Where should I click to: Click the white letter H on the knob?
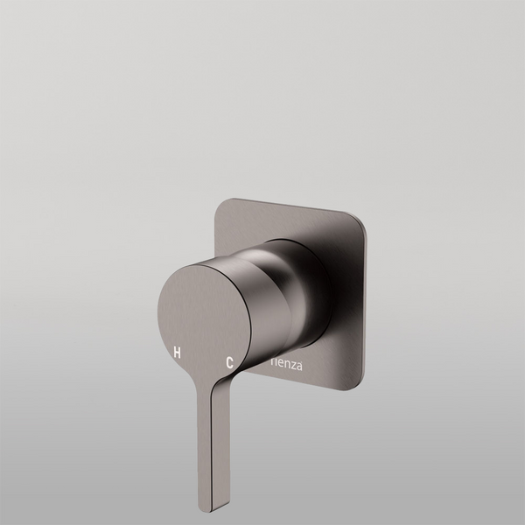tap(177, 353)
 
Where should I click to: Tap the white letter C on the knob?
tap(229, 360)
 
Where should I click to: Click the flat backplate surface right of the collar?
tap(346, 297)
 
